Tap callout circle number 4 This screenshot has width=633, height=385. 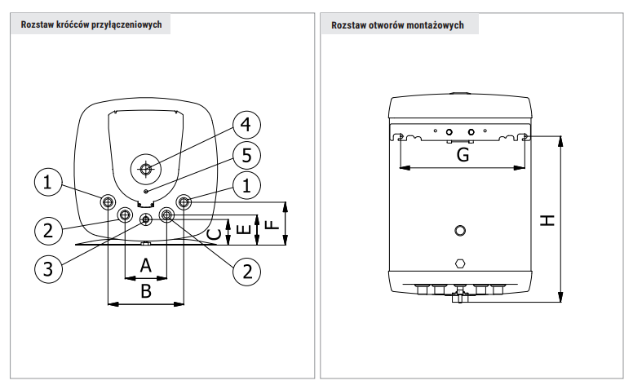(x=246, y=126)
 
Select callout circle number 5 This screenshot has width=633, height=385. (x=246, y=155)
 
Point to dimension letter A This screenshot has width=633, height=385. (x=145, y=265)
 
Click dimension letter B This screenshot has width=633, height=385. (x=145, y=290)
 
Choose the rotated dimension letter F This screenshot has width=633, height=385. (x=272, y=223)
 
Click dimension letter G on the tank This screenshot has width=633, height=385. (x=463, y=156)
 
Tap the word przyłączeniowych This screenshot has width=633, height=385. (x=132, y=25)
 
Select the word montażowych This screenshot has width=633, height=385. (x=439, y=25)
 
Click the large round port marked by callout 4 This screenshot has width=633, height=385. (x=145, y=170)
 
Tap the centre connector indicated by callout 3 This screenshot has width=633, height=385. (x=145, y=219)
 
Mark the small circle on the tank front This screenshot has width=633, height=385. (x=462, y=231)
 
